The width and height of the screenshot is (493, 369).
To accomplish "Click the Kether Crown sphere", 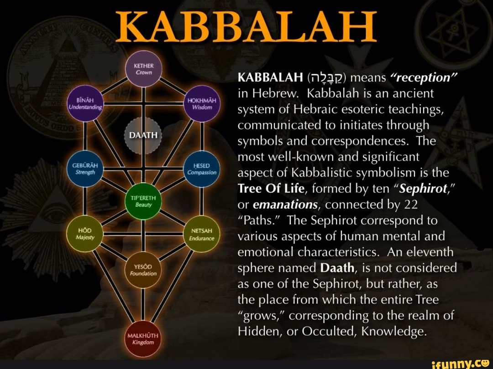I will [143, 69].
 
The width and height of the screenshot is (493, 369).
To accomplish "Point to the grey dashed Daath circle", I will [143, 135].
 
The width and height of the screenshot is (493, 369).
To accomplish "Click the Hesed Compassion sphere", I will [201, 169].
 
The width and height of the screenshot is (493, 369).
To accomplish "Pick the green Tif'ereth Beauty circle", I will [143, 201].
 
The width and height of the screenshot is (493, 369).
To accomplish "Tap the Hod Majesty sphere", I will [85, 234].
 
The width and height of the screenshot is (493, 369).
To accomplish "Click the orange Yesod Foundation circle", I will [143, 270].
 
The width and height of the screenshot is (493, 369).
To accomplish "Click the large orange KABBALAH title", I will [246, 26].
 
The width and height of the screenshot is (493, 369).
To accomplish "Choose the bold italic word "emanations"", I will [283, 205].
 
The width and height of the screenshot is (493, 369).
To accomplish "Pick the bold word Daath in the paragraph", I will [338, 268].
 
